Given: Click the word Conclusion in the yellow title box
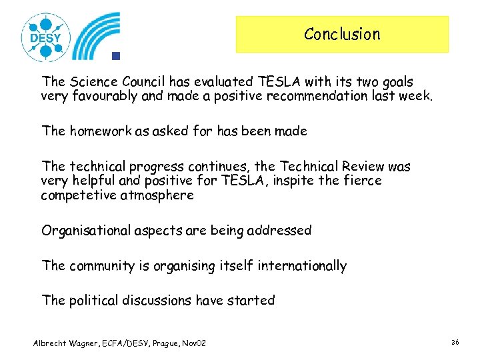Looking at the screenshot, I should point(342,34).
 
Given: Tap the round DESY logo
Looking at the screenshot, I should point(45,37).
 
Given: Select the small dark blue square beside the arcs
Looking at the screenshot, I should point(115,55).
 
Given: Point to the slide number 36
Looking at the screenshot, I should point(455,342).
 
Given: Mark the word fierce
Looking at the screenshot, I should point(361,181).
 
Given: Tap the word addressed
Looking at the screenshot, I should point(279,230).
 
